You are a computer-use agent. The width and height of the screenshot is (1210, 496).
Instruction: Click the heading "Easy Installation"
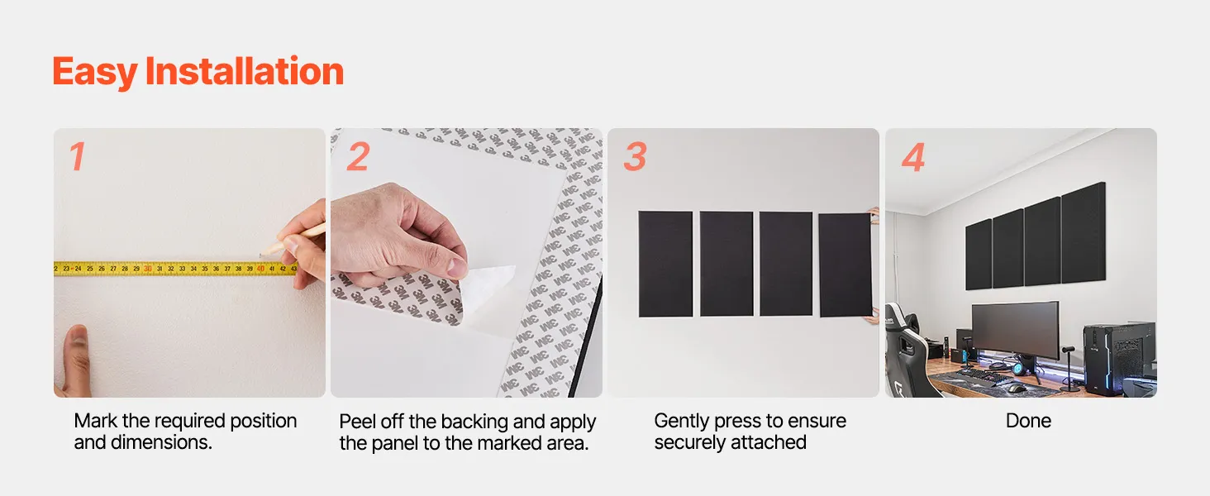198,72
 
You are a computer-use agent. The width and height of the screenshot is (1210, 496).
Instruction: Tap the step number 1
77,157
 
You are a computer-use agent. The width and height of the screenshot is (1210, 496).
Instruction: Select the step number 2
358,157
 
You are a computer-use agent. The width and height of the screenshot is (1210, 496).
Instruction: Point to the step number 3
635,157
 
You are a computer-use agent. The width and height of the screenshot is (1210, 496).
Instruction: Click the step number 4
913,157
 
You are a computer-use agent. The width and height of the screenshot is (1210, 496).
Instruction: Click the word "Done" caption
1028,421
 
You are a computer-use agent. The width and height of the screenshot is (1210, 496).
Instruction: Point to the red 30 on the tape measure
147,269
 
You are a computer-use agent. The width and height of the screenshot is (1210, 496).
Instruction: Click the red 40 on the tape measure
260,269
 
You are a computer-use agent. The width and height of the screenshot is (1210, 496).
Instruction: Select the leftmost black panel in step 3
665,264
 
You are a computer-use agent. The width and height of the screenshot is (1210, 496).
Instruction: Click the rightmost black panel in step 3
846,265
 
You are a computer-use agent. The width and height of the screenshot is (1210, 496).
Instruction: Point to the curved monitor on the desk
1016,330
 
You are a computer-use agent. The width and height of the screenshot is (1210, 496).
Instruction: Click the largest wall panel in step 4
1084,232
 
